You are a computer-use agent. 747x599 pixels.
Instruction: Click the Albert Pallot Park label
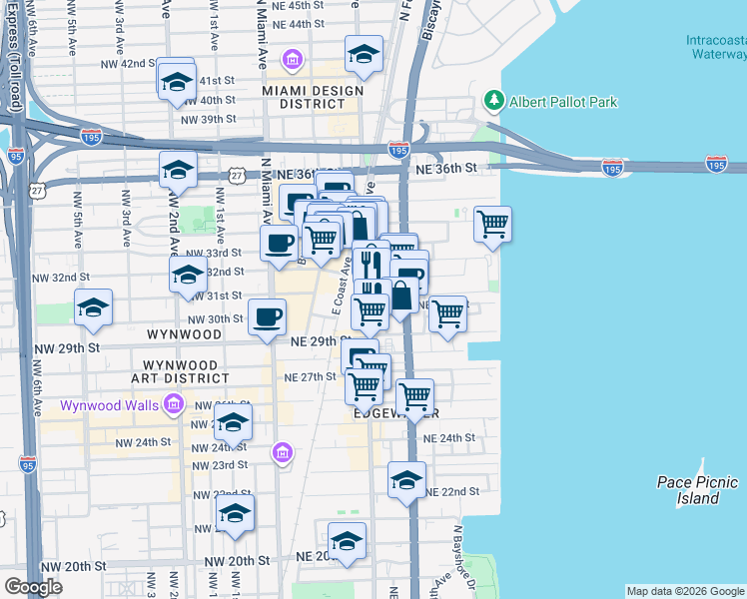[x=563, y=102]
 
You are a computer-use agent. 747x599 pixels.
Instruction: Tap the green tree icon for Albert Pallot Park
[x=493, y=101]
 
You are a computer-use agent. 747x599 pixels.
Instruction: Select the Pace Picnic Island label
[x=697, y=489]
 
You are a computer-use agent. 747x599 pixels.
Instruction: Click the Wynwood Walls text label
[x=109, y=405]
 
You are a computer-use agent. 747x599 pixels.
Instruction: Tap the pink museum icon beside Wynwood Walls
[x=175, y=404]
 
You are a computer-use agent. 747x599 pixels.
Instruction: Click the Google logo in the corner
[x=33, y=587]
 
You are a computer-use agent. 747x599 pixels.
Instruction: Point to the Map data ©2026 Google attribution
[x=685, y=591]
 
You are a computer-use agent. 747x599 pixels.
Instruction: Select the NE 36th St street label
[x=460, y=169]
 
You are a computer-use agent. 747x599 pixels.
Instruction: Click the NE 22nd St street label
[x=452, y=492]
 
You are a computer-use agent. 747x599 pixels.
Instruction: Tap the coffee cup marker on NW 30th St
[x=267, y=316]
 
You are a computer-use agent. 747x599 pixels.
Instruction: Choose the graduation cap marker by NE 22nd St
[x=406, y=479]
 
